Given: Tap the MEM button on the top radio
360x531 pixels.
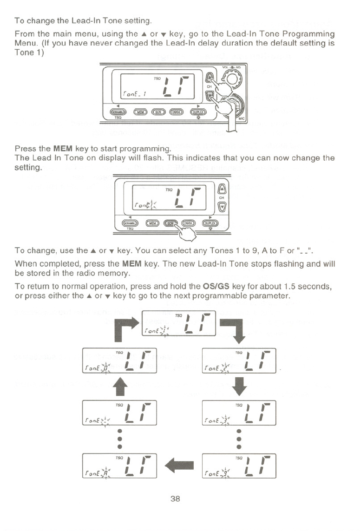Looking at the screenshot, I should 140,111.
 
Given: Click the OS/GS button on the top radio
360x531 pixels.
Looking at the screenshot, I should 177,111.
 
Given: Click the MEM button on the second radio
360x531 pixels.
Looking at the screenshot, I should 153,223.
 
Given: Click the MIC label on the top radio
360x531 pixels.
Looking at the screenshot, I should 240,119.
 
